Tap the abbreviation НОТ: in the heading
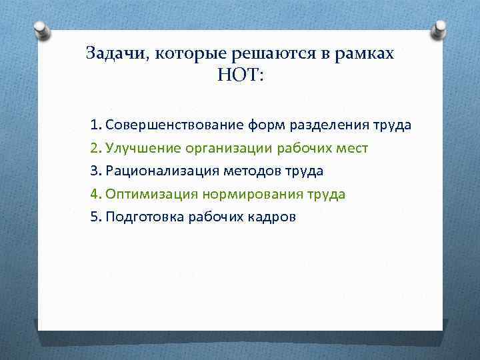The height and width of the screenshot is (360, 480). [x=240, y=75]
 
